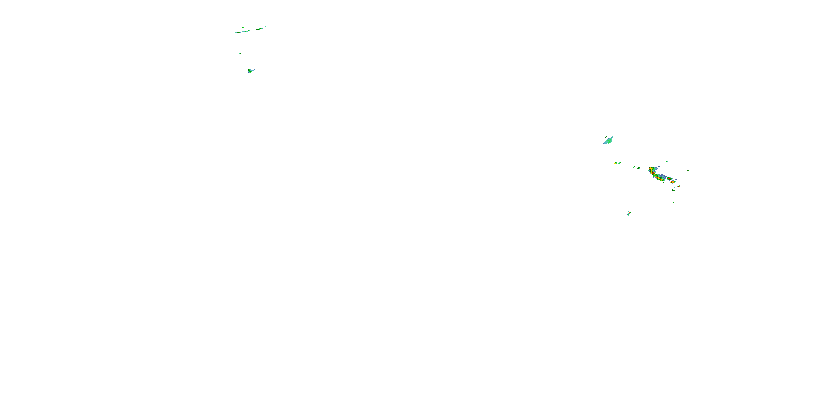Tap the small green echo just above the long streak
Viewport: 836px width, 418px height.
[x=243, y=28]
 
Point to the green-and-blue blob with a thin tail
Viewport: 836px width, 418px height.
[x=250, y=71]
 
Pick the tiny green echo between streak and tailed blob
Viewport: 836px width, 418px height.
[x=240, y=54]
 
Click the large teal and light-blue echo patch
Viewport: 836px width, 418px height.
[x=608, y=141]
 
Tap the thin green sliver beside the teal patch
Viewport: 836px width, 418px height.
[x=606, y=137]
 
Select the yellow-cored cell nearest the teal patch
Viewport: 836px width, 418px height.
[x=615, y=163]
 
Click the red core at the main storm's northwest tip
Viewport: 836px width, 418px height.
[x=651, y=169]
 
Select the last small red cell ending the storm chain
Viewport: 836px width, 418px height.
[x=678, y=186]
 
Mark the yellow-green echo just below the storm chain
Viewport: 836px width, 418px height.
[x=674, y=190]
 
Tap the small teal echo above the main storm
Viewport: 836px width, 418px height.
[x=667, y=162]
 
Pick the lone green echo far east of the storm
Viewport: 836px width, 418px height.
[x=688, y=170]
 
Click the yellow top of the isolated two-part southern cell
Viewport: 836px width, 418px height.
[x=630, y=212]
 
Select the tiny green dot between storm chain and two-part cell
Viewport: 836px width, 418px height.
[x=674, y=203]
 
